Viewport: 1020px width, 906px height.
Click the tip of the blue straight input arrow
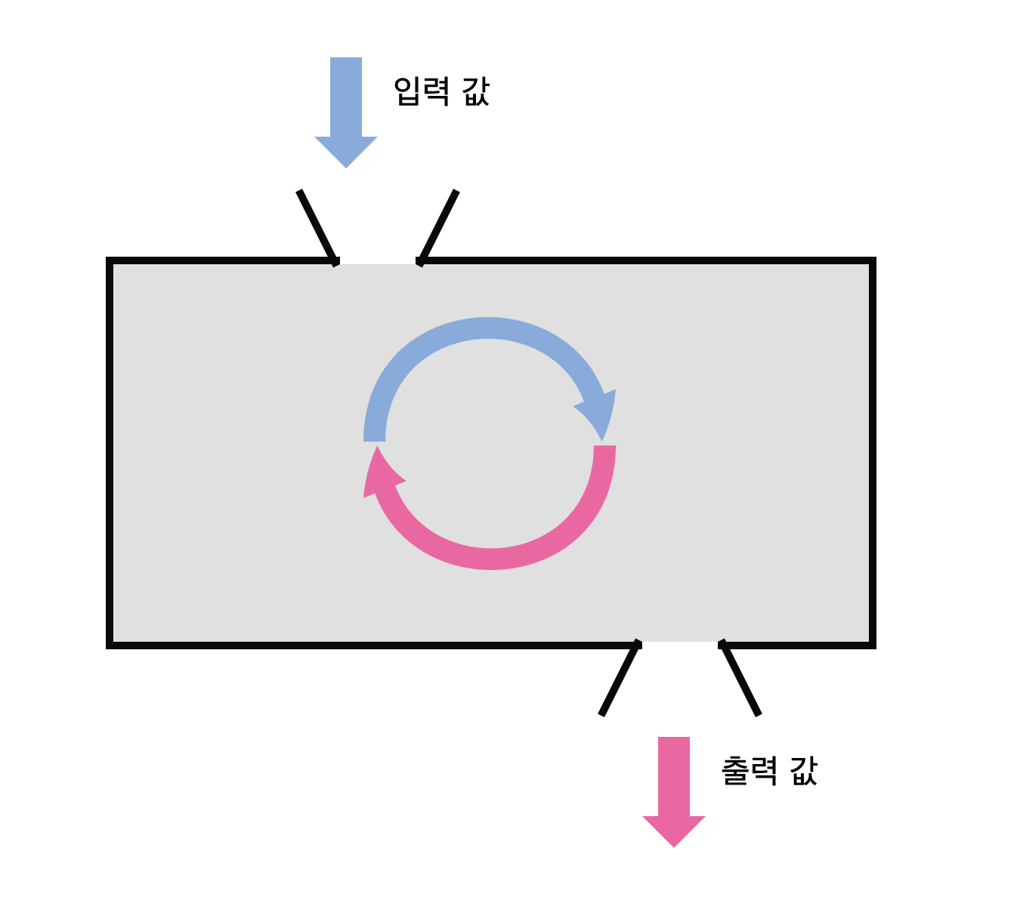pyautogui.click(x=346, y=165)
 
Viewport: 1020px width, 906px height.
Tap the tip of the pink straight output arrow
pyautogui.click(x=674, y=845)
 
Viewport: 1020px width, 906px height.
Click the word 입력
pyautogui.click(x=422, y=91)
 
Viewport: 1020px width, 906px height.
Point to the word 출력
pyautogui.click(x=749, y=771)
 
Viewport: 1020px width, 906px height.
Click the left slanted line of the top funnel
pyautogui.click(x=317, y=226)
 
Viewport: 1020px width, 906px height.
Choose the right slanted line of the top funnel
pyautogui.click(x=439, y=226)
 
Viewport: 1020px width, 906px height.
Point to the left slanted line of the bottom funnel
pyautogui.click(x=620, y=679)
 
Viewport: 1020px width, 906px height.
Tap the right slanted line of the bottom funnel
pyautogui.click(x=740, y=679)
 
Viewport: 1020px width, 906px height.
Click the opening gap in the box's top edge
pyautogui.click(x=378, y=261)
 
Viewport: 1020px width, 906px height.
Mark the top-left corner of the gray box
pyautogui.click(x=110, y=261)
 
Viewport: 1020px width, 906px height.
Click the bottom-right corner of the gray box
pyautogui.click(x=872, y=644)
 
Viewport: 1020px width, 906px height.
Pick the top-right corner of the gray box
pyautogui.click(x=872, y=261)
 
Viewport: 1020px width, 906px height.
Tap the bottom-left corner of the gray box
pyautogui.click(x=110, y=644)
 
